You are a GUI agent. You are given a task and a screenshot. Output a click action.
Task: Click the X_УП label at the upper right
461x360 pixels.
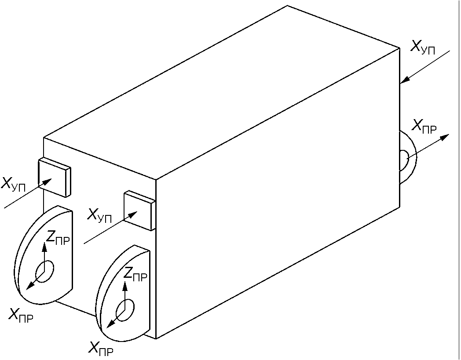423,47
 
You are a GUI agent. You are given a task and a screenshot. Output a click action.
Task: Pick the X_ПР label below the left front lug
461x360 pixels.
21,315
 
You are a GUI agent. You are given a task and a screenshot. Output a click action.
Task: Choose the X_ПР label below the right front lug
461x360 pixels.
101,349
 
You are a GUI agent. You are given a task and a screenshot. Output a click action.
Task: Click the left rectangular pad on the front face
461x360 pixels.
54,177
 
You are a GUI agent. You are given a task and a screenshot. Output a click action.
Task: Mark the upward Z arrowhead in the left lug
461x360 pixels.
44,247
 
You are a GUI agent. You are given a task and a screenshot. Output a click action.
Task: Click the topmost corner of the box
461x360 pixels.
287,6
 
